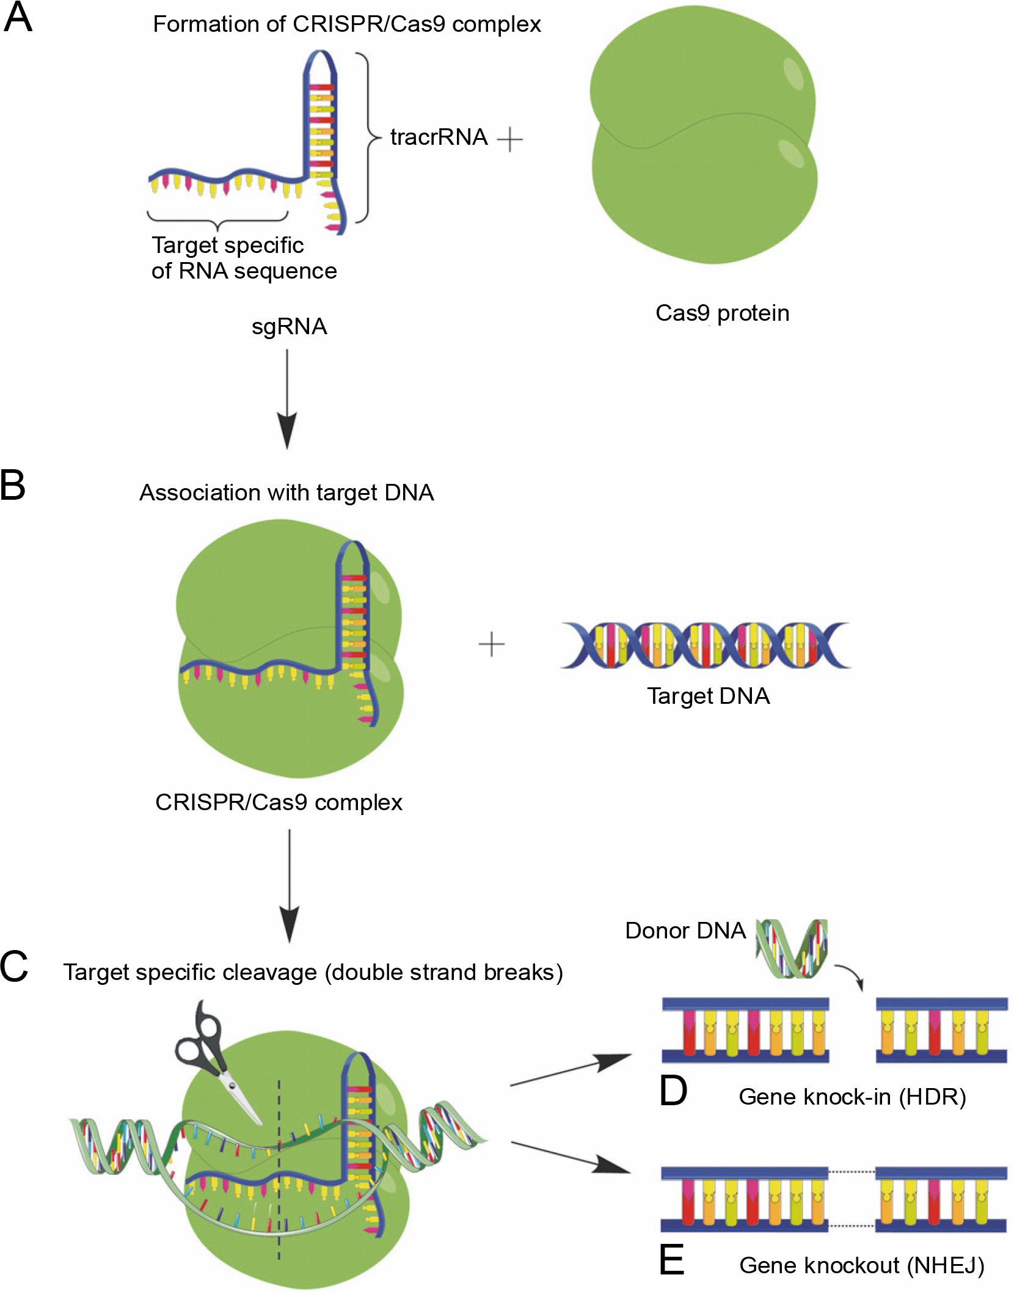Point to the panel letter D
click(673, 1091)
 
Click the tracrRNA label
click(439, 137)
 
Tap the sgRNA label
click(289, 327)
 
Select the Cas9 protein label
click(722, 313)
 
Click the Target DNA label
click(709, 696)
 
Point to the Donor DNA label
click(685, 930)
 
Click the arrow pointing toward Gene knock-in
click(571, 1069)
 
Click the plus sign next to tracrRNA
click(510, 140)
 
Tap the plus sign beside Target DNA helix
click(491, 645)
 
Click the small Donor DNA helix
click(792, 948)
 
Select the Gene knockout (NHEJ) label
click(861, 1265)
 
